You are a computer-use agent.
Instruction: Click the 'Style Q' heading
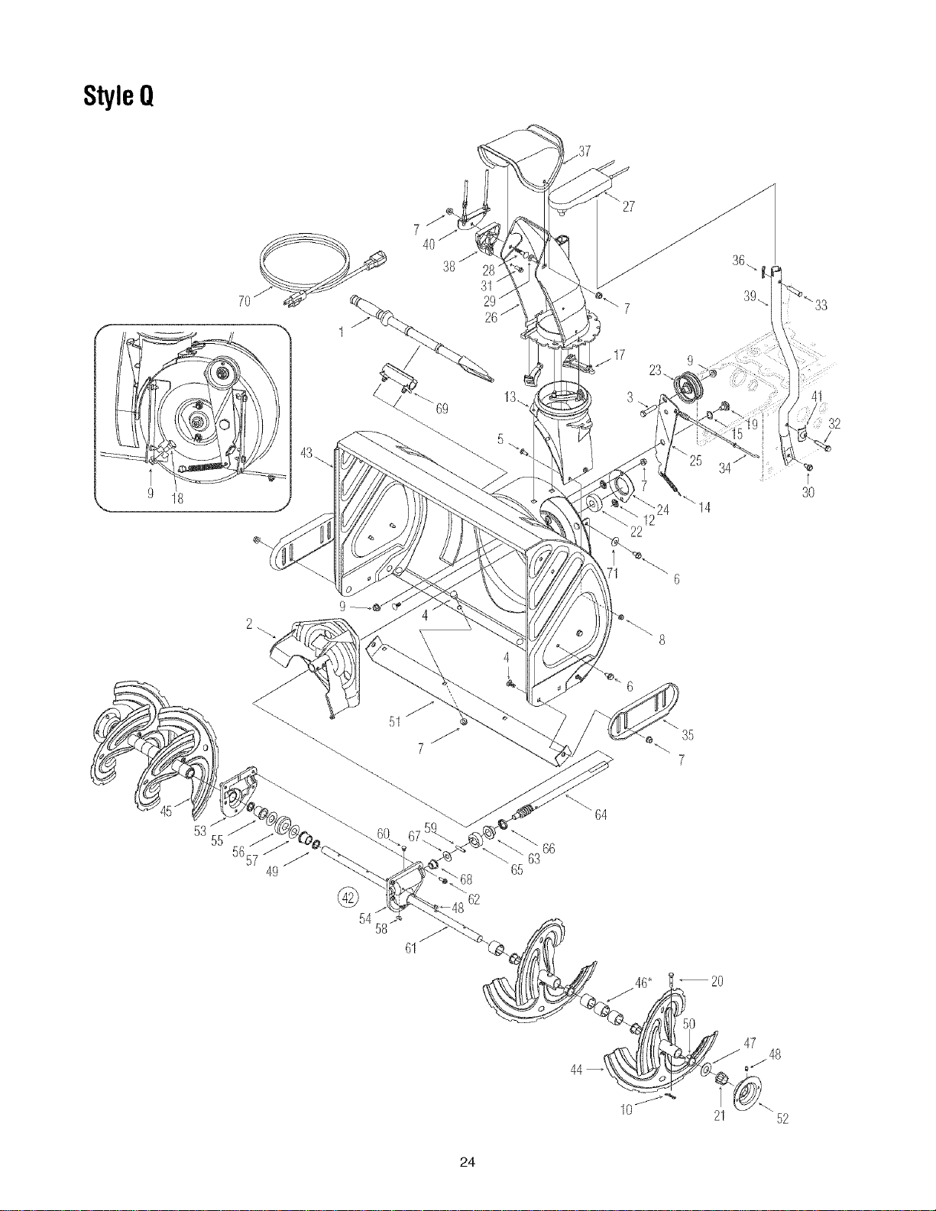[118, 96]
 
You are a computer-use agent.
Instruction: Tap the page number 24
[468, 1162]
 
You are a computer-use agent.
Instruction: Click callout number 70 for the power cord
[244, 302]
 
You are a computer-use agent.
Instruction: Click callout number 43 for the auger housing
[306, 453]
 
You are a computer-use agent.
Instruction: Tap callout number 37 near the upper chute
[584, 151]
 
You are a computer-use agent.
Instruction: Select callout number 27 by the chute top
[628, 207]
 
